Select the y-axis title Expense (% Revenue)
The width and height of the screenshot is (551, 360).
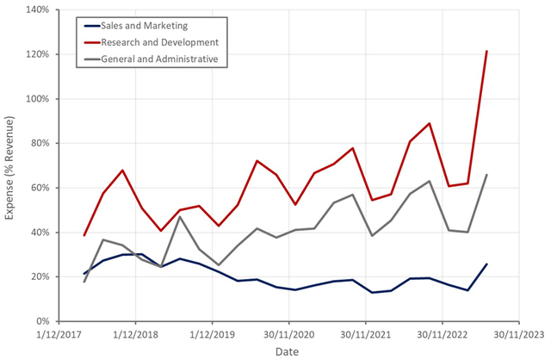10,165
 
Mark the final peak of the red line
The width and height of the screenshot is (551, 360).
487,51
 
